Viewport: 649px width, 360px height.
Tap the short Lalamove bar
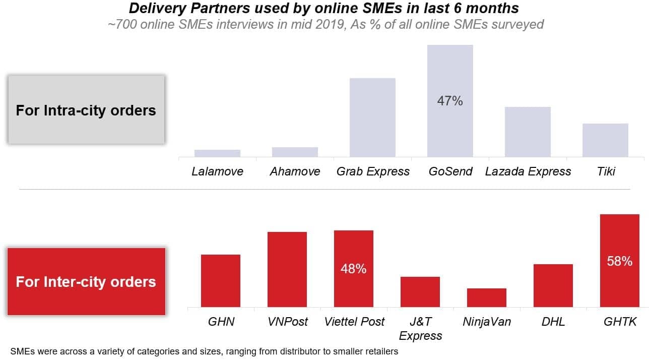click(217, 153)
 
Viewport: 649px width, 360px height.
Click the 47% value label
click(450, 101)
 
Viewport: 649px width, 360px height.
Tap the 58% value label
click(619, 261)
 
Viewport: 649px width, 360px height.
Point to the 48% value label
click(353, 269)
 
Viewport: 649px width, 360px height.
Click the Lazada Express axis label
click(528, 171)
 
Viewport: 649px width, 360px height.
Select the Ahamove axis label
click(295, 171)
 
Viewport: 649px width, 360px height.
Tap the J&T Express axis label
click(420, 328)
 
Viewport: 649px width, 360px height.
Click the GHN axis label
click(221, 322)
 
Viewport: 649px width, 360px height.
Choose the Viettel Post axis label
click(354, 322)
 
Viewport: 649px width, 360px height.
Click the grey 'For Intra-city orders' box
click(86, 110)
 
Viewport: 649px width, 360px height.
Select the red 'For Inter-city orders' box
click(86, 281)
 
